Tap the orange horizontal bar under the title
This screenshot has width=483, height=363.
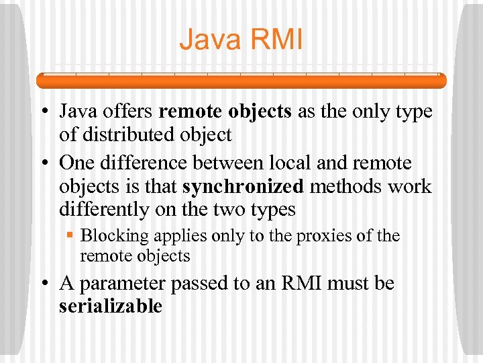pyautogui.click(x=241, y=81)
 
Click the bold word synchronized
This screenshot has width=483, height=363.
pyautogui.click(x=243, y=187)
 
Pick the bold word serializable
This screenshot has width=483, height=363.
pyautogui.click(x=111, y=307)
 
